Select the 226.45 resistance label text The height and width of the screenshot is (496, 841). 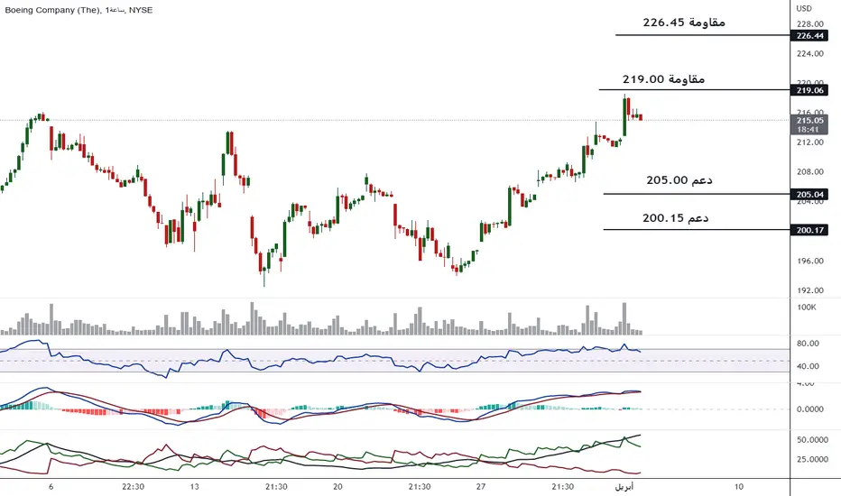click(x=684, y=22)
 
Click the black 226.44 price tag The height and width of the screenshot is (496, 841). click(x=809, y=36)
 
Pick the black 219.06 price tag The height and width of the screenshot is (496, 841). click(x=809, y=90)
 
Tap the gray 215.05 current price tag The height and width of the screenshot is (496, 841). click(x=809, y=120)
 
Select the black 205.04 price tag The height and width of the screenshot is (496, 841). click(x=809, y=194)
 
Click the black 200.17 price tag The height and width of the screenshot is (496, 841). click(x=809, y=231)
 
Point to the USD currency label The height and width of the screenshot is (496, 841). click(x=803, y=9)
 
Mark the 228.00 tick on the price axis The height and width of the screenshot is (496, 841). click(x=809, y=24)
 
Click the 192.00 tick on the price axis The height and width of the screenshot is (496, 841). click(x=809, y=290)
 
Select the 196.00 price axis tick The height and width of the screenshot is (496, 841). click(x=809, y=261)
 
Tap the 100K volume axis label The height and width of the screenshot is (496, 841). click(x=806, y=308)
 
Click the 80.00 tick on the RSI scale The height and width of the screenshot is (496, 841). click(x=807, y=344)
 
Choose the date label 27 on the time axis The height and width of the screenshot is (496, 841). click(x=480, y=487)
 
